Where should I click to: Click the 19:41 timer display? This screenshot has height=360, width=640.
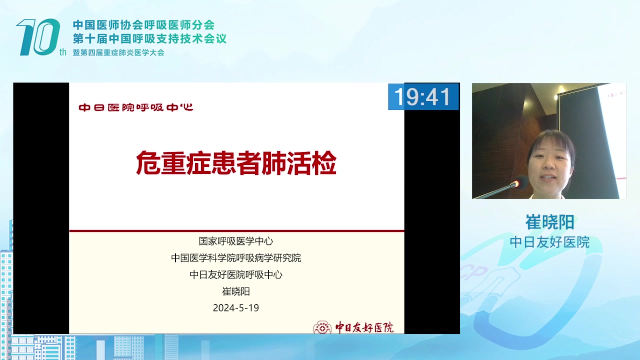point(423,96)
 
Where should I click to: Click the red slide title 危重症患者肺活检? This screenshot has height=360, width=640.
point(236,163)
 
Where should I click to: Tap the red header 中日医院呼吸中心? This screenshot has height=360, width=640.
point(136,107)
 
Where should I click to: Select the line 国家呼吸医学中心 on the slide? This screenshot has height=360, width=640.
point(236,241)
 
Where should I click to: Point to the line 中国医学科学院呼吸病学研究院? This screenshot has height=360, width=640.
point(236,258)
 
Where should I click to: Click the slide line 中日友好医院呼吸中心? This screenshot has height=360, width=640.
point(236,274)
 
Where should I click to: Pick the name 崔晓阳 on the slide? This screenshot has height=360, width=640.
point(236,291)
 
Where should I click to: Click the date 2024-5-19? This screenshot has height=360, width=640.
point(236,307)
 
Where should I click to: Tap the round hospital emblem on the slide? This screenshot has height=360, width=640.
point(322,327)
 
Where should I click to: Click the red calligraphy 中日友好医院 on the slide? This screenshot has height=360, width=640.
point(364,327)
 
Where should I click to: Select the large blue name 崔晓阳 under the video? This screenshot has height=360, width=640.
point(549,222)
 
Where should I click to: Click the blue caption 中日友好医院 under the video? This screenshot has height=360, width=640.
point(549,242)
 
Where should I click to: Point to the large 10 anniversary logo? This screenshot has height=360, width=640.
point(38,37)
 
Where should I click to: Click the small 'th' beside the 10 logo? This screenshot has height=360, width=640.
point(63,52)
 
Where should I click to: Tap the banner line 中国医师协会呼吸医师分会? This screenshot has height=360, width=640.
point(143,25)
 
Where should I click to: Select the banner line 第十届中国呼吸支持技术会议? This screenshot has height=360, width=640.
point(149,38)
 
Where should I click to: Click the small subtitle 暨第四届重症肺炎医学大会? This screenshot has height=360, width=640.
point(118,52)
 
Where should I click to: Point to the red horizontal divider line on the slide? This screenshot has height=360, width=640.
point(237,230)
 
